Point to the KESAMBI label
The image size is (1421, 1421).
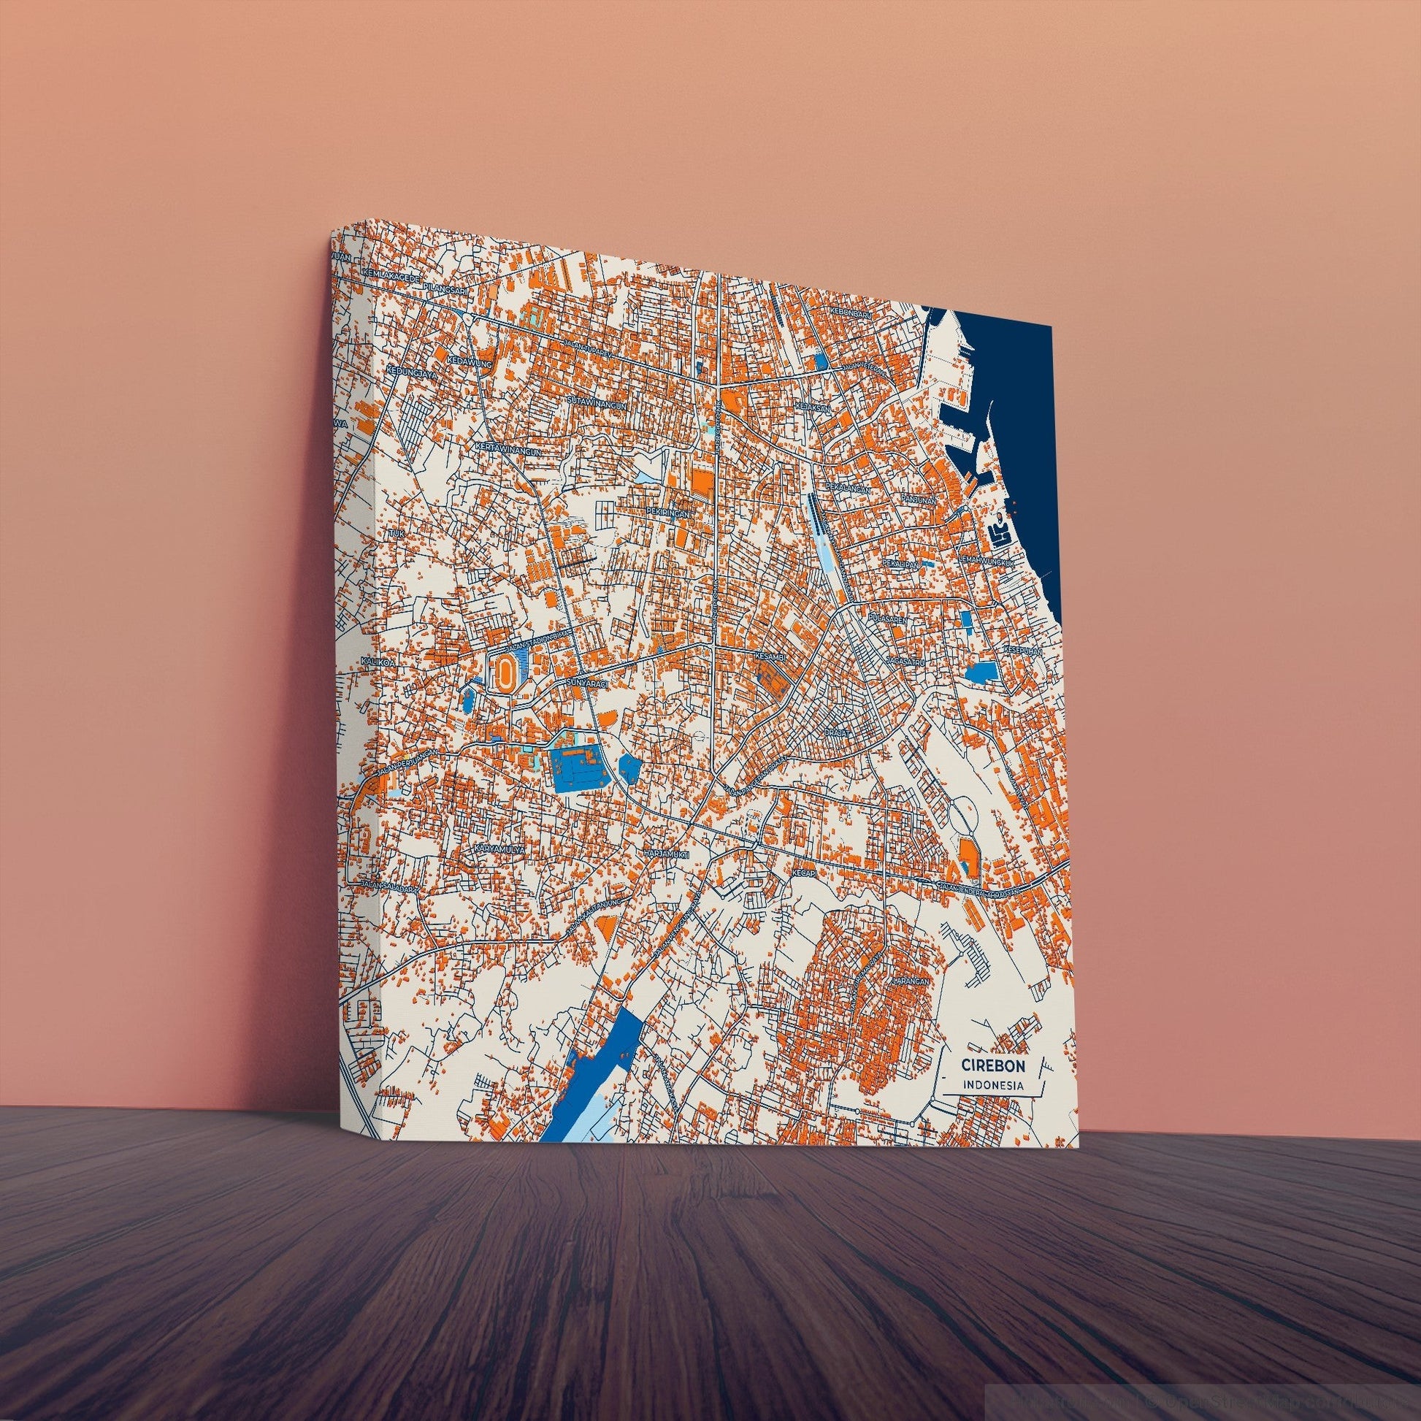coord(772,654)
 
